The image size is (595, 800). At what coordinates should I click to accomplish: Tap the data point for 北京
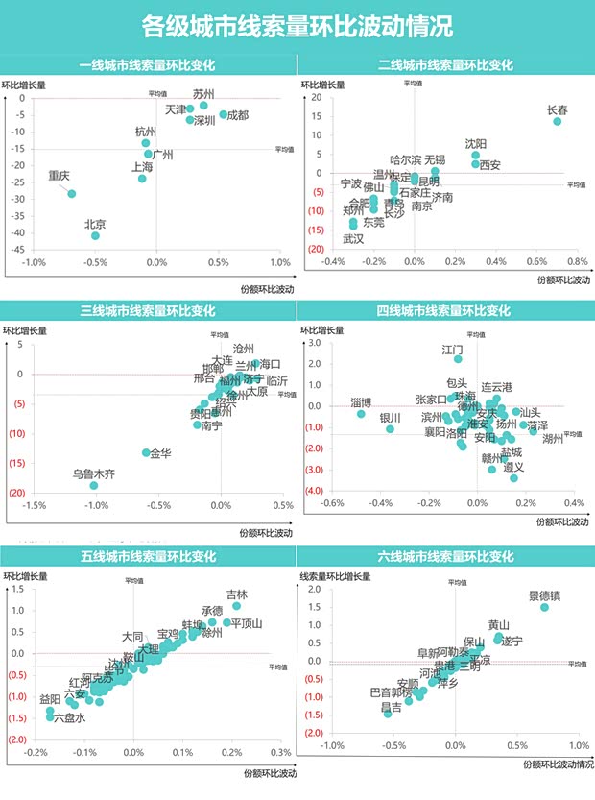(95, 235)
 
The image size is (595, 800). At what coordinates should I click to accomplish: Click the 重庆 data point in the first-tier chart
(71, 194)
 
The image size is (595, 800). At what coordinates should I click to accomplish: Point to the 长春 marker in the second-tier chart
(557, 122)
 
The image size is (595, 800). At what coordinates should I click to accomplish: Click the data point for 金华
(147, 452)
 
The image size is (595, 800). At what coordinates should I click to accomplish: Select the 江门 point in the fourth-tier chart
(458, 359)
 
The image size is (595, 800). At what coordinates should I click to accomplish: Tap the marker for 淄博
(361, 414)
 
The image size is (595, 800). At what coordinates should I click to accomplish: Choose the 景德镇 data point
(544, 607)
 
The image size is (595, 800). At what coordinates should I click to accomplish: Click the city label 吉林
(236, 595)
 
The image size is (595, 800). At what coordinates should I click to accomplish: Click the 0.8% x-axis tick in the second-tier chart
(577, 261)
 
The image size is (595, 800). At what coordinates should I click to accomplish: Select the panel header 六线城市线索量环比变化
(445, 554)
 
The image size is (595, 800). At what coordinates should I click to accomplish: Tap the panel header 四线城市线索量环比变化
(445, 310)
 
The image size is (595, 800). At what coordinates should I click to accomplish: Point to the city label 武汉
(353, 238)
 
